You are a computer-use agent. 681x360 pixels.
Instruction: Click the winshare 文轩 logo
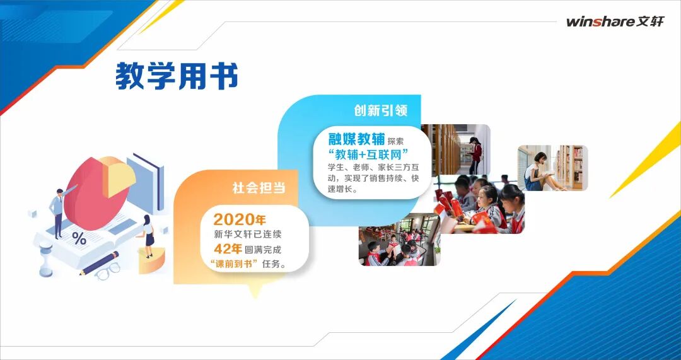615,21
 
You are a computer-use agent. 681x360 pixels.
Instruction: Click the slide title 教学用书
177,76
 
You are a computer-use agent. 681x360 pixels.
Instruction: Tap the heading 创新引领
380,111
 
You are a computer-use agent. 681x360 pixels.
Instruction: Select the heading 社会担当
259,188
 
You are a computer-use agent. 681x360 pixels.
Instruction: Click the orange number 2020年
240,220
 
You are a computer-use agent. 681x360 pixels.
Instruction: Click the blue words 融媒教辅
356,139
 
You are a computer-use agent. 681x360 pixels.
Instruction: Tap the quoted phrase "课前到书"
235,264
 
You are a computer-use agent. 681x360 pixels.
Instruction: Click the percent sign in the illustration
79,238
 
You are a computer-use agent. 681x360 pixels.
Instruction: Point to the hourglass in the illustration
45,258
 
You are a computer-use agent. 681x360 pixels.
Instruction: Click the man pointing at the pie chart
57,211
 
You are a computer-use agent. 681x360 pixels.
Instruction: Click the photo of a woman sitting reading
552,168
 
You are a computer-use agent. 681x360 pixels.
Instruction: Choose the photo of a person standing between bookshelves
456,149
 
